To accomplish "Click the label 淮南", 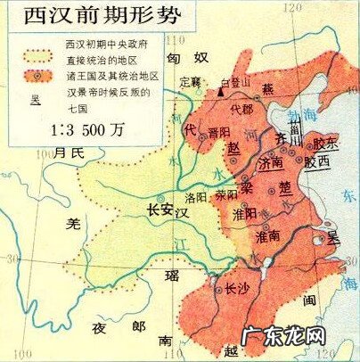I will (x=267, y=236).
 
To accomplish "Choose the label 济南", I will (x=268, y=164).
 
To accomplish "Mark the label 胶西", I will (x=315, y=163).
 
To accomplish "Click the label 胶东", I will (x=326, y=143).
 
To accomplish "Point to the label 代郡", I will (x=241, y=111).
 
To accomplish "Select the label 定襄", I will (x=192, y=82).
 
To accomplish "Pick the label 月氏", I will (x=68, y=154).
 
